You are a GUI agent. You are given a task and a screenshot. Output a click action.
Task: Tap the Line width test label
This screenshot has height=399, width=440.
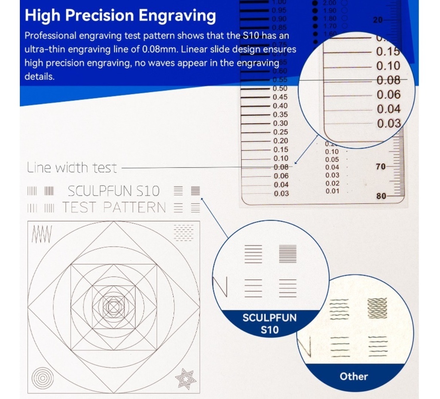[71, 168]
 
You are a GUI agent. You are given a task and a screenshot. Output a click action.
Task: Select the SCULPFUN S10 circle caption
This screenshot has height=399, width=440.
[269, 324]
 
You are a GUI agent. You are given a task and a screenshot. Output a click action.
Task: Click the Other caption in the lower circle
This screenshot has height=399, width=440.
[354, 377]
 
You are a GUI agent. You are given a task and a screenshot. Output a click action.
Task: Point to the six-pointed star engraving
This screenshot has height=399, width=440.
[186, 379]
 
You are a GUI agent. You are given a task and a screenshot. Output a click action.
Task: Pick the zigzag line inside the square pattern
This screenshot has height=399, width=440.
[42, 234]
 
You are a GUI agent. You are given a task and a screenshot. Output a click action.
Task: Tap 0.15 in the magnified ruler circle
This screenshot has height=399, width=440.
[388, 52]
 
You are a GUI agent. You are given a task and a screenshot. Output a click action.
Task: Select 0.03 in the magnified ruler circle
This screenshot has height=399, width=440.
[388, 123]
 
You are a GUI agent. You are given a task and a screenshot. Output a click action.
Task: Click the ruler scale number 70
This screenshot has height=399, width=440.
[381, 166]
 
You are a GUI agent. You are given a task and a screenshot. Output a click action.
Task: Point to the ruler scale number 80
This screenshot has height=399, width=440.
[382, 196]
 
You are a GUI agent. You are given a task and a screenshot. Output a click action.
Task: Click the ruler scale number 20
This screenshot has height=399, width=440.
[378, 20]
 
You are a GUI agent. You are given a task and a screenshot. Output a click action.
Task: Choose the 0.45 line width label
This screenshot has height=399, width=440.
[280, 97]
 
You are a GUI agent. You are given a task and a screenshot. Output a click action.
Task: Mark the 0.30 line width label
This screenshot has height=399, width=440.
[281, 123]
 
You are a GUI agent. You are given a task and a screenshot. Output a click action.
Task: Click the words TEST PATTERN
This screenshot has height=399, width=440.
[114, 207]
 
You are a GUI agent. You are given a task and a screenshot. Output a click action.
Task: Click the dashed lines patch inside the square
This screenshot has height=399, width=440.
[183, 233]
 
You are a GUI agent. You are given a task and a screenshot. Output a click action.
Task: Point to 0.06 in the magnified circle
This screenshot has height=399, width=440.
[388, 95]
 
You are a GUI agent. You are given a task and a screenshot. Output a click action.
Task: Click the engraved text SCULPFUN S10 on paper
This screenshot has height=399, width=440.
[113, 190]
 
